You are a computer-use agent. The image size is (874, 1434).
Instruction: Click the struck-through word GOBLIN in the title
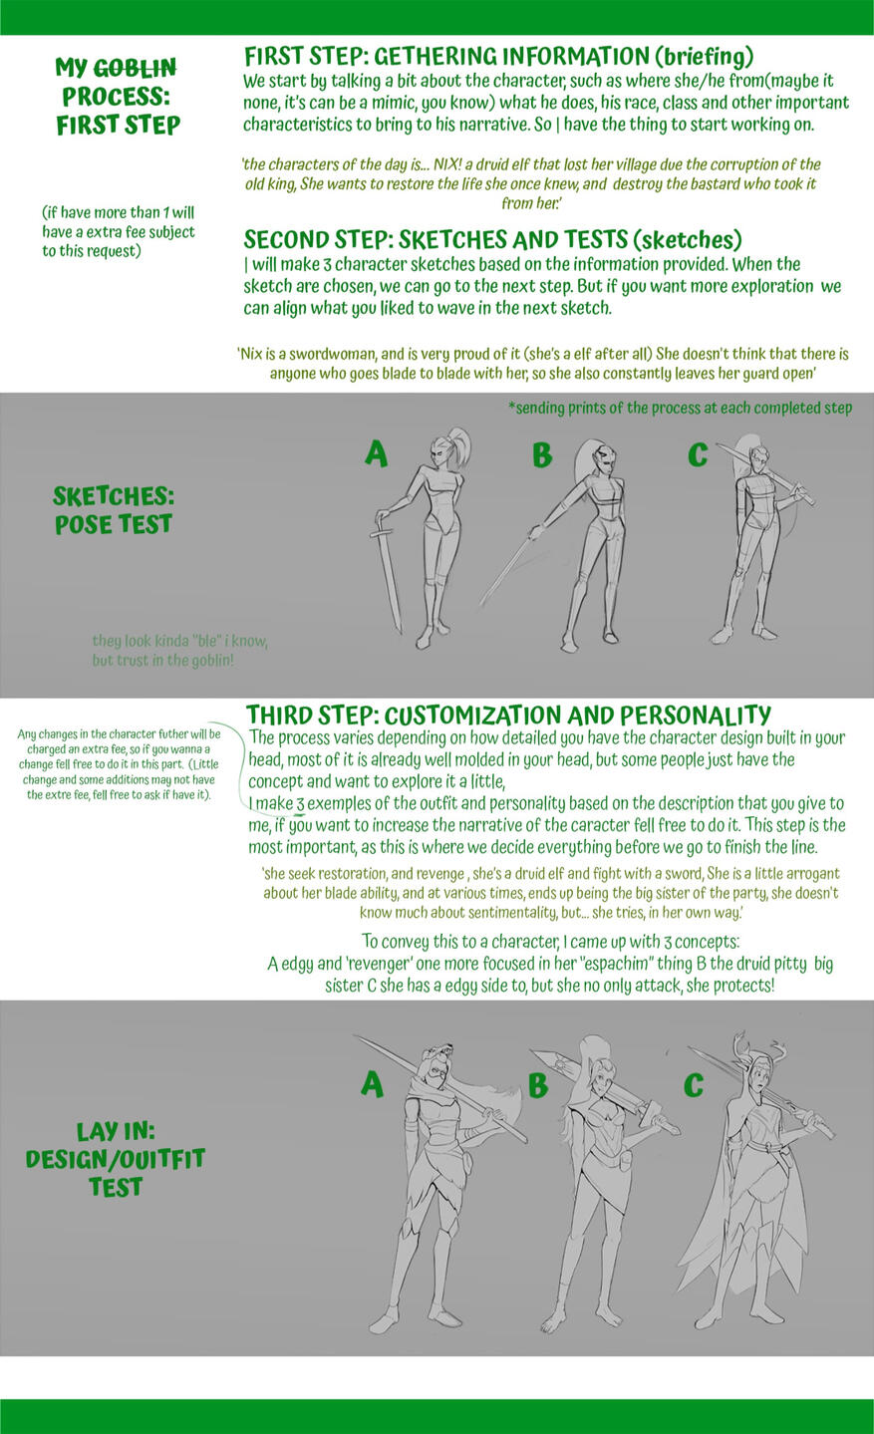(136, 67)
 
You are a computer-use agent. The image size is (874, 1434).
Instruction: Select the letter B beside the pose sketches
(542, 454)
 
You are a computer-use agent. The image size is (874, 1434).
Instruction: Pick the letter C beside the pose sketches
(698, 454)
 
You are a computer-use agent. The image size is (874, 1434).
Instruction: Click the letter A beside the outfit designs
(372, 1084)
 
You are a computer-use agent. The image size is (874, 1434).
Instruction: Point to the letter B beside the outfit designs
(538, 1084)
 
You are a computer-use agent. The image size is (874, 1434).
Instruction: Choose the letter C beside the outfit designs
(694, 1084)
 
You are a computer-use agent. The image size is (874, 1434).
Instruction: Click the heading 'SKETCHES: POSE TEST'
(114, 510)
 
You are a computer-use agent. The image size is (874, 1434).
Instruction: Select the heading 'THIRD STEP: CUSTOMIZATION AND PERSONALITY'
(509, 715)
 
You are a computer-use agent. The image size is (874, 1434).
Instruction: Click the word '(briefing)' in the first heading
(704, 57)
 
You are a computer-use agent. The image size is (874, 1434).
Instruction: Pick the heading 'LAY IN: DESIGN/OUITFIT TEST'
(116, 1159)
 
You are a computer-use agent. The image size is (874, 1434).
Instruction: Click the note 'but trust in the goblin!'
(163, 660)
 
